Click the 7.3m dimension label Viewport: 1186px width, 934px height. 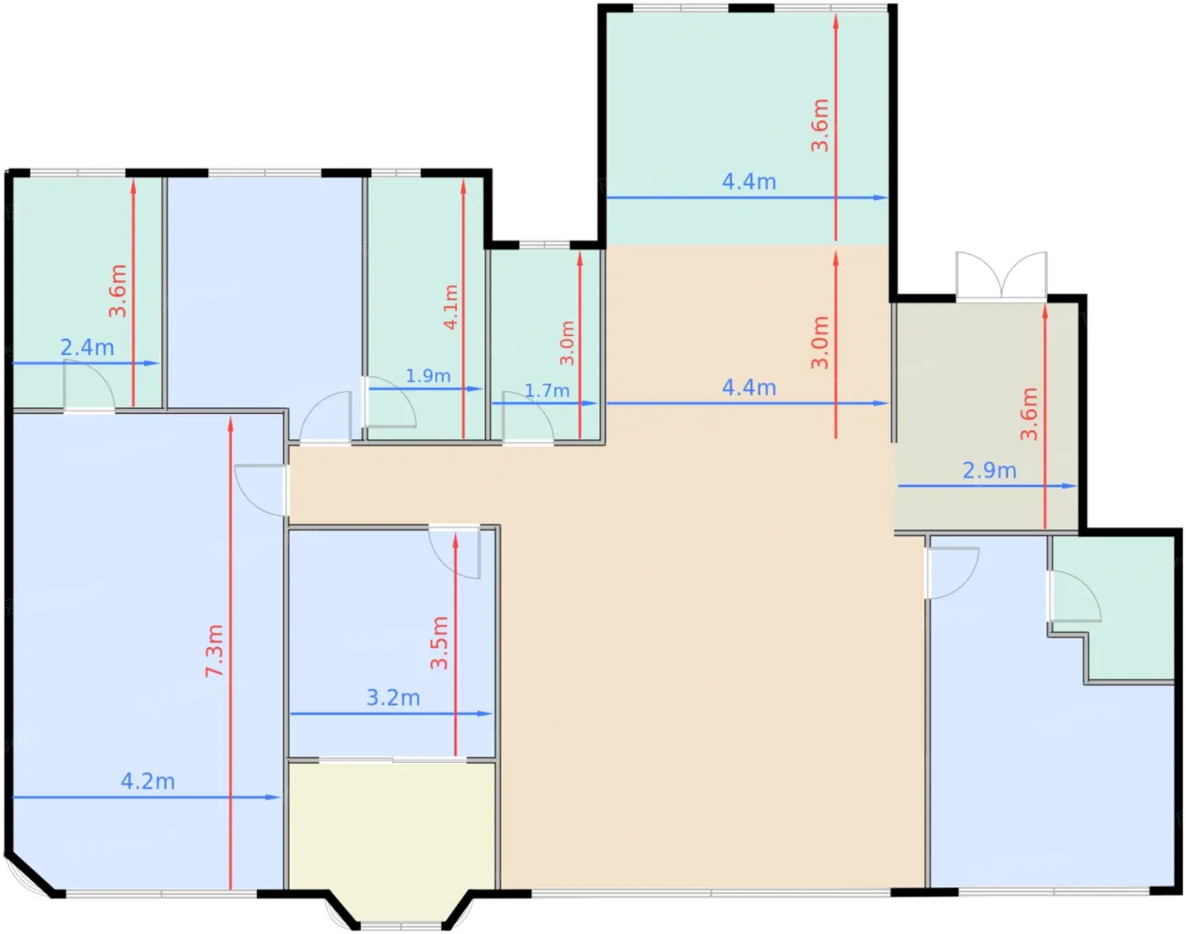point(214,651)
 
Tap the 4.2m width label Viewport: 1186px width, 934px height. point(147,782)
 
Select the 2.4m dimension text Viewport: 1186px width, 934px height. point(87,348)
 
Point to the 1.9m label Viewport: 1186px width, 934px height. point(428,376)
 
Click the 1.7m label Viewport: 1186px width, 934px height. point(547,390)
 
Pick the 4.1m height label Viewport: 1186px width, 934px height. point(451,307)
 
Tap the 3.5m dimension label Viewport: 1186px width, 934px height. point(439,643)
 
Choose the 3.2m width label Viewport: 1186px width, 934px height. point(393,698)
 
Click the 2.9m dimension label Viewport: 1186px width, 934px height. point(989,471)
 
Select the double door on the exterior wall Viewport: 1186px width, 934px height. point(1001,275)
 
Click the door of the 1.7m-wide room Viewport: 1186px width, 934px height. point(528,417)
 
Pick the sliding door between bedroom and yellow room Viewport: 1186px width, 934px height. point(393,760)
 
